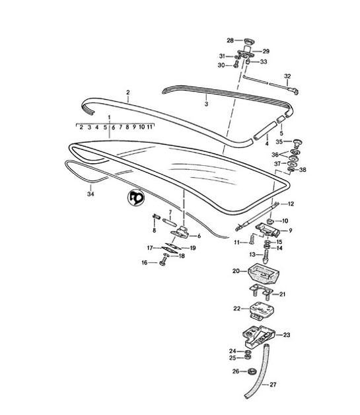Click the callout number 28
click(x=231, y=40)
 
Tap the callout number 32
click(x=287, y=76)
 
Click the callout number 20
click(x=235, y=270)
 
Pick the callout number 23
click(x=286, y=335)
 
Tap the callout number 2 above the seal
click(x=128, y=93)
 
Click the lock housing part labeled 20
click(x=257, y=272)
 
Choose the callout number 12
click(x=291, y=204)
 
